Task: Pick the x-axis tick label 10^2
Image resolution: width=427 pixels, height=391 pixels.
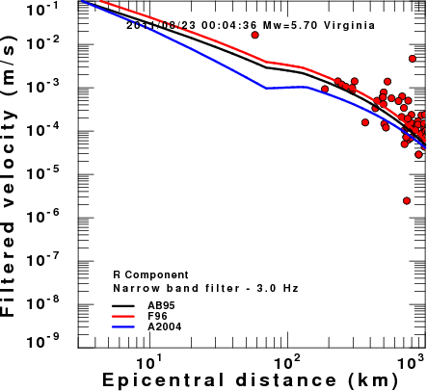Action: coord(287,362)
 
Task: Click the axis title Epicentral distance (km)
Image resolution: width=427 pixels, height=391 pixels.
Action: coord(251,380)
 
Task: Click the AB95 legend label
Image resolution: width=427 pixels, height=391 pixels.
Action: coord(161,305)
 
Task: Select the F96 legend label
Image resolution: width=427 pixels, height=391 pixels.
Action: coord(157,316)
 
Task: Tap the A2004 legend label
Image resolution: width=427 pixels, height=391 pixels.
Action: coord(165,327)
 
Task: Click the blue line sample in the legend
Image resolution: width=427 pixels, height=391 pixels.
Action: coord(123,327)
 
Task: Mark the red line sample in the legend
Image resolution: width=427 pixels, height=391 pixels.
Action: coord(123,316)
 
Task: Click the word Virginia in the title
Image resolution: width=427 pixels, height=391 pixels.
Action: coord(349,25)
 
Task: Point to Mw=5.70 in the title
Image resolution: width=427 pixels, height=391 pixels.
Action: coord(291,25)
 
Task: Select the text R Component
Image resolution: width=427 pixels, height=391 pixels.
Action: coord(150,275)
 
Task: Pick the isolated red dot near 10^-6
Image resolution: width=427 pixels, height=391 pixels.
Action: coord(407,200)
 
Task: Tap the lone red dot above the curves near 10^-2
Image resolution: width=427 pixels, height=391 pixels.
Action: coord(254,35)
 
